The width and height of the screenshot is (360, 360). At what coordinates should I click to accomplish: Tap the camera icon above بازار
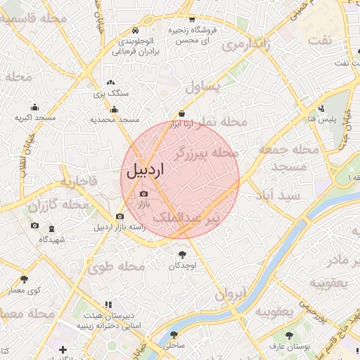144,193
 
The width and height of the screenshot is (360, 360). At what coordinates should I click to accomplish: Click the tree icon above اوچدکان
184,254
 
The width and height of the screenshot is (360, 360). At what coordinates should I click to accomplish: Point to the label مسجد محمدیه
115,120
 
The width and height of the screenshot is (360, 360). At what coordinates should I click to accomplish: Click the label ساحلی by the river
174,345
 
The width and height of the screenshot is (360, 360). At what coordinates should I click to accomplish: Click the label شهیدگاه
53,240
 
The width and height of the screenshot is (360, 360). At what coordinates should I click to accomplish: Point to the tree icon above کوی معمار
25,279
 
